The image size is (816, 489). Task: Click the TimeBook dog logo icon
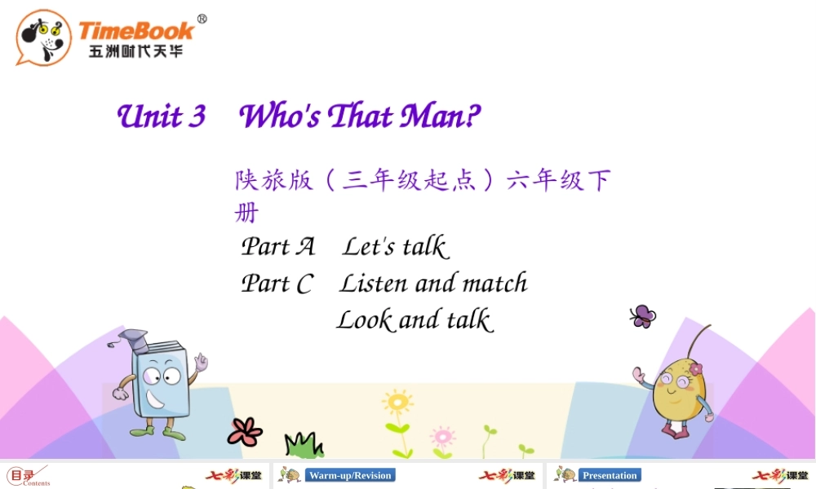tap(43, 37)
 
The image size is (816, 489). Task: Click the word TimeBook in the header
tap(136, 31)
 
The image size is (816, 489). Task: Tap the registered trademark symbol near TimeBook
tap(202, 20)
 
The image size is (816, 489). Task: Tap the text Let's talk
tap(395, 246)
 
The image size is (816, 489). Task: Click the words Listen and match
tap(433, 283)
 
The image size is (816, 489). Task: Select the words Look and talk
tap(415, 319)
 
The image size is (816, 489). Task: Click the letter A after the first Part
tap(305, 246)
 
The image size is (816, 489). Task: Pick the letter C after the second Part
tap(304, 284)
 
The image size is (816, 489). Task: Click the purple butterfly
tap(642, 316)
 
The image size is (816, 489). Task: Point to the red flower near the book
tap(245, 430)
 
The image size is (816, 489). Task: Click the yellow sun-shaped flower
tap(397, 403)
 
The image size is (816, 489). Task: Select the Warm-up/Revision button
tap(351, 475)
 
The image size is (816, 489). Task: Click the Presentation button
tap(610, 475)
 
